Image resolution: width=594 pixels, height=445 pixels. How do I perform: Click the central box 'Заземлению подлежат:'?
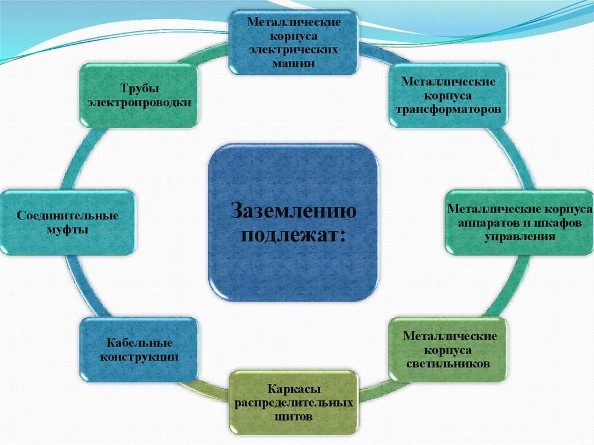pyautogui.click(x=293, y=223)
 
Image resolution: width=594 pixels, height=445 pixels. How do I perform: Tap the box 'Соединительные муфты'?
pyautogui.click(x=67, y=222)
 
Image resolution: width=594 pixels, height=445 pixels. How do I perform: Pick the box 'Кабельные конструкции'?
pyautogui.click(x=139, y=350)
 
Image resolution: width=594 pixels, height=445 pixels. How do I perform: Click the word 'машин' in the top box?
pyautogui.click(x=294, y=63)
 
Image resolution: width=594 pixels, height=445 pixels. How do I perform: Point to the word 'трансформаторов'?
pyautogui.click(x=449, y=108)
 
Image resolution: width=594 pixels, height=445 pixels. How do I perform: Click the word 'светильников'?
pyautogui.click(x=450, y=364)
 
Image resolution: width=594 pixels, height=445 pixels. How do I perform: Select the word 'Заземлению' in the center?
pyautogui.click(x=294, y=210)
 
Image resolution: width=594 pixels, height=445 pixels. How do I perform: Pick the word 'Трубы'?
pyautogui.click(x=139, y=88)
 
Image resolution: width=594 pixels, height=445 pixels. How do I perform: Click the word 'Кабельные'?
pyautogui.click(x=139, y=343)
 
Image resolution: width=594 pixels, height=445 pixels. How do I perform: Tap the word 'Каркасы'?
pyautogui.click(x=294, y=389)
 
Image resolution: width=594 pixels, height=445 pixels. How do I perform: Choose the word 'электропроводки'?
pyautogui.click(x=139, y=102)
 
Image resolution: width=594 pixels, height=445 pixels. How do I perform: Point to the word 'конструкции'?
pyautogui.click(x=139, y=357)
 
